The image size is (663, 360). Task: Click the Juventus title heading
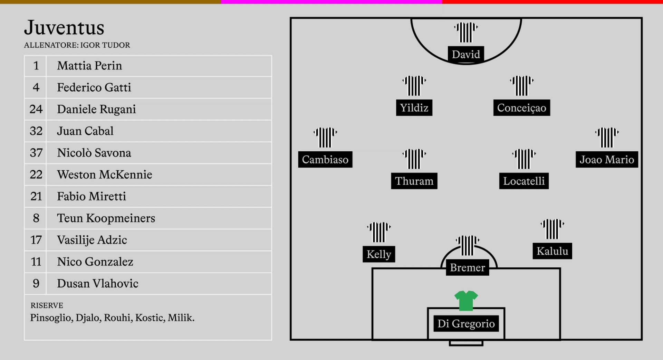pos(64,28)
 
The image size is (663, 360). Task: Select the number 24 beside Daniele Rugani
pos(36,109)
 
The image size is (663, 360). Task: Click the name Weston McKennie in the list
pos(105,174)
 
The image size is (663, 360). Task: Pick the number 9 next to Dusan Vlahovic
pos(36,283)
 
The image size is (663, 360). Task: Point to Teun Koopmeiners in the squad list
pos(106,218)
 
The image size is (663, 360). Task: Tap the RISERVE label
pos(47,305)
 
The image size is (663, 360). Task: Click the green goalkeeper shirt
pos(466,301)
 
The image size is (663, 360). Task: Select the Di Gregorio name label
pos(466,324)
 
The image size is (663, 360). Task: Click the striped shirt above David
pos(466,32)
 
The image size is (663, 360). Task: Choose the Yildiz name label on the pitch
pos(414,108)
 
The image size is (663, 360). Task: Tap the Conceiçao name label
pos(522,108)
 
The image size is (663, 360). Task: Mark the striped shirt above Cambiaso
pos(325,138)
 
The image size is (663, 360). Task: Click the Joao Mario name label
pos(607,160)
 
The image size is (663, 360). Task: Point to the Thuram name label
pos(414,181)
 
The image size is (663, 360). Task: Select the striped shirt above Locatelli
pos(524,159)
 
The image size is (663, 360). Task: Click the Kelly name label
pos(379,254)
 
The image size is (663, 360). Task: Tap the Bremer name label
pos(468,267)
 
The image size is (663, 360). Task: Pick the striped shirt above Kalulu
pos(552,229)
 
